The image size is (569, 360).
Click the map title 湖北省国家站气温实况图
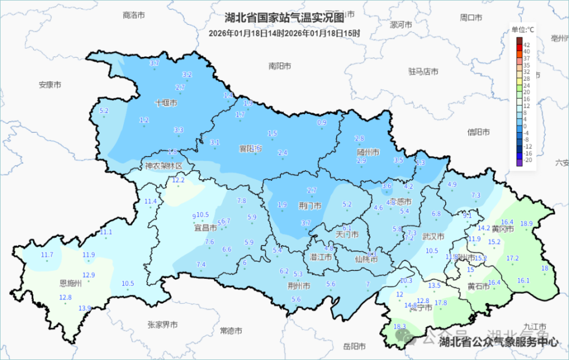tap(284, 18)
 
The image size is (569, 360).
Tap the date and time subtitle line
tap(284, 33)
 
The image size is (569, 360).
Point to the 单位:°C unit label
tap(523, 29)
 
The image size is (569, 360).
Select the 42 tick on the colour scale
tap(526, 44)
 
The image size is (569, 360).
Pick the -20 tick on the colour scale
tap(527, 161)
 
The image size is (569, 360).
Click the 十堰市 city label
tap(166, 103)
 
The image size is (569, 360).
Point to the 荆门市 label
tap(310, 206)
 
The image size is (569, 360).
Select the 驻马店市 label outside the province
tap(423, 71)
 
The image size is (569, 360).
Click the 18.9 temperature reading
tap(526, 224)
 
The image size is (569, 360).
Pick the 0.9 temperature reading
tap(322, 123)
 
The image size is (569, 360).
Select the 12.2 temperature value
tap(178, 180)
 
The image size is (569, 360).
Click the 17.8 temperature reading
tap(440, 303)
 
